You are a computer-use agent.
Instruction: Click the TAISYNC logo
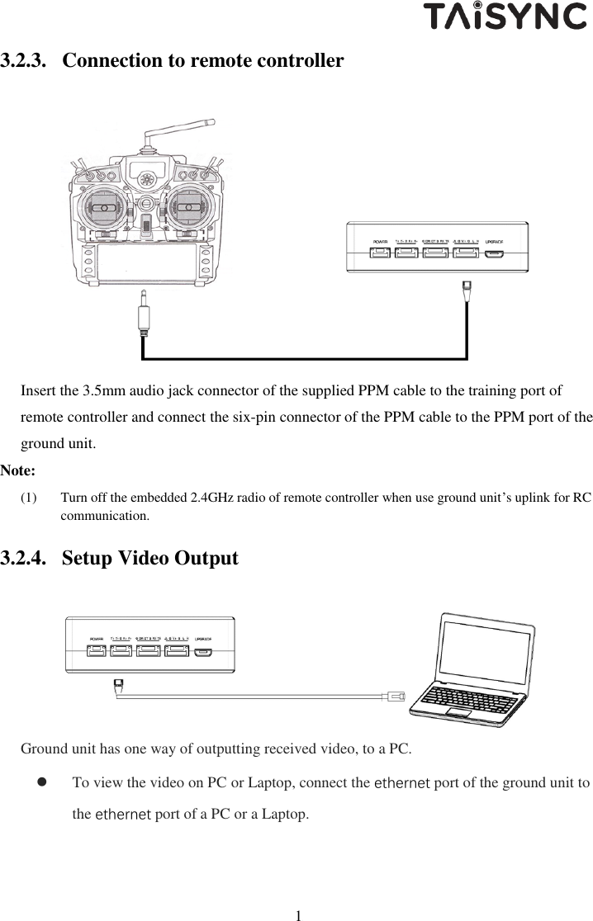pos(505,16)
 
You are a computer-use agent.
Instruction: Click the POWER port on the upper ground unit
pos(380,252)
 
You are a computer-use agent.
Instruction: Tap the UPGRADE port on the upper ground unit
pos(494,252)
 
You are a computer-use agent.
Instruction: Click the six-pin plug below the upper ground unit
pos(467,289)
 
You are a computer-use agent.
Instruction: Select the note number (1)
pos(29,498)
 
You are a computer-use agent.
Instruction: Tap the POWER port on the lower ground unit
pos(96,649)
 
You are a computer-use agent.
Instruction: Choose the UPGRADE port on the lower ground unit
pos(202,650)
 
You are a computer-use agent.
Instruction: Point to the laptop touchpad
pos(456,712)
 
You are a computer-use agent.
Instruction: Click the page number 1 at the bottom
pos(299,914)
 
